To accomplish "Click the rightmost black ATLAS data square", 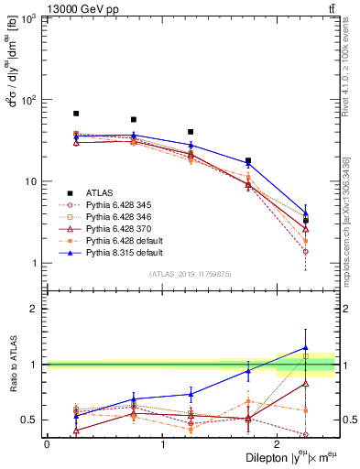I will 305,221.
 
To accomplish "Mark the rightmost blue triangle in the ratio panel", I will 305,348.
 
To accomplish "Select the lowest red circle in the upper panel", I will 305,251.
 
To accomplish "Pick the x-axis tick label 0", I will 47,444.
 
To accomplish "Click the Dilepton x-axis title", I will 284,458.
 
